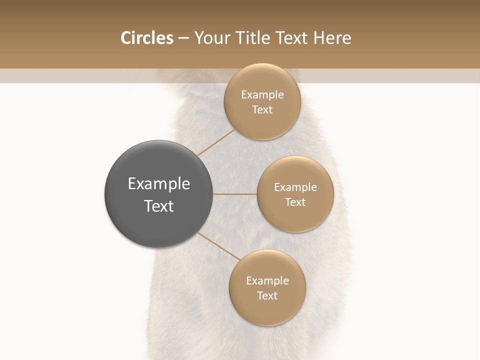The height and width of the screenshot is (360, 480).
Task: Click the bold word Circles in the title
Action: point(146,38)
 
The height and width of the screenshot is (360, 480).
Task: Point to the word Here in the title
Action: point(332,38)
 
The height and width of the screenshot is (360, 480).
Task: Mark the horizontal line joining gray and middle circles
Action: point(234,193)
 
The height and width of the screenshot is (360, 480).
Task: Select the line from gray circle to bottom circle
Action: point(219,246)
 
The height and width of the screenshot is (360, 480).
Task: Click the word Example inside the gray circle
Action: point(158,184)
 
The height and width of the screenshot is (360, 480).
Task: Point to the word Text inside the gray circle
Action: point(158,206)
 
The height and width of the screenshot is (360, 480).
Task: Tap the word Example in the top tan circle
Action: point(262,95)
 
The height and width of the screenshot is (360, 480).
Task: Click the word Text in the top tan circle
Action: point(262,110)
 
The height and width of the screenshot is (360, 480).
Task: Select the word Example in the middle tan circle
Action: point(295,187)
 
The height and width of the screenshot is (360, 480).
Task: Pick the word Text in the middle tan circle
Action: point(295,202)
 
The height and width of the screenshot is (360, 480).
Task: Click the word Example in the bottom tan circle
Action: point(267,281)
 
